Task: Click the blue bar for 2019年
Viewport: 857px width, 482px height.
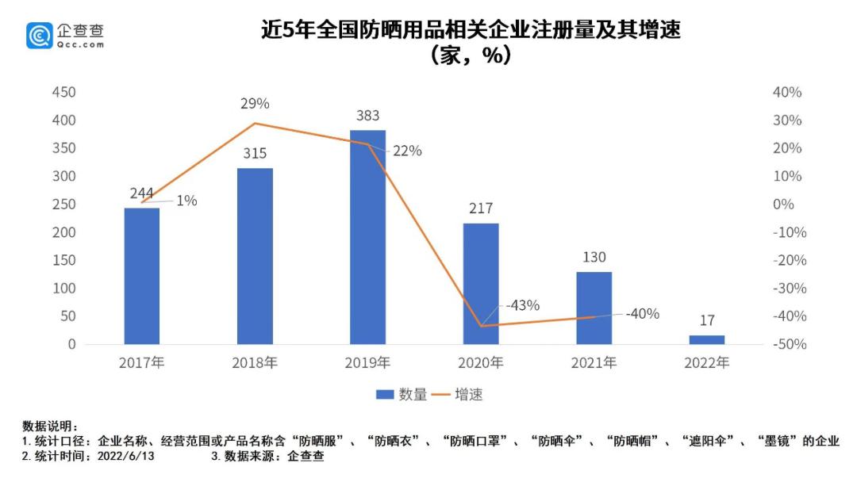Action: click(367, 237)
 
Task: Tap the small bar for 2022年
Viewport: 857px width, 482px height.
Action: click(706, 339)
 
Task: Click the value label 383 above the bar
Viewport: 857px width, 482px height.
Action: click(367, 117)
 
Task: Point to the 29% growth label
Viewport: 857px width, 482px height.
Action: click(256, 104)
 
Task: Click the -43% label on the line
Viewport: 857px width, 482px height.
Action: click(522, 305)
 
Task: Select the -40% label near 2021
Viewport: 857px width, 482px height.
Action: click(642, 313)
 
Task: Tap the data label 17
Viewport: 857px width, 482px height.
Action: click(706, 321)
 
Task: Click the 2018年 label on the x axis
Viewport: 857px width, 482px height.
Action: click(255, 364)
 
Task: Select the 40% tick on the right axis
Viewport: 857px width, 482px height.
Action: click(787, 93)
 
